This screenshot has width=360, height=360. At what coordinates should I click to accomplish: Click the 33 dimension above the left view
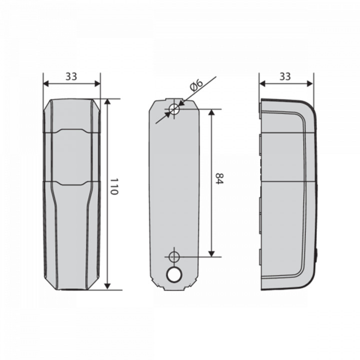click(x=71, y=76)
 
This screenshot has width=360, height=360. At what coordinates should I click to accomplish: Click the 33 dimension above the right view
click(x=285, y=76)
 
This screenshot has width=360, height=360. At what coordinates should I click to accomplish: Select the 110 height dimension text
click(x=114, y=186)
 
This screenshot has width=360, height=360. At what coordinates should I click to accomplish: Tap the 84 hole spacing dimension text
click(x=218, y=179)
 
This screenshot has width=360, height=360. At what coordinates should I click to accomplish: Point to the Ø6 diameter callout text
click(x=196, y=84)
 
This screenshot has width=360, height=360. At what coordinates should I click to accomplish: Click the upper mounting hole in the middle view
click(x=173, y=109)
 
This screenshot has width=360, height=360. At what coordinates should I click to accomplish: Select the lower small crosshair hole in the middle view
click(x=173, y=257)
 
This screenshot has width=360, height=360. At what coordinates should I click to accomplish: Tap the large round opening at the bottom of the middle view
click(x=174, y=274)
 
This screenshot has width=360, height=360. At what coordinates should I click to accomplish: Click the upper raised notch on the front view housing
click(x=72, y=131)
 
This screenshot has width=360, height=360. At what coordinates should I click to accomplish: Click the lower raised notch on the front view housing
click(x=72, y=183)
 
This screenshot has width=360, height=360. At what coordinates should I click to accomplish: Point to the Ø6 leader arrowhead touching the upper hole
click(x=179, y=105)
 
